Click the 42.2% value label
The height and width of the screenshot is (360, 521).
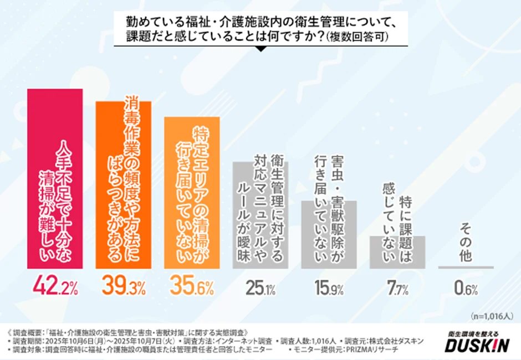coord(55,286)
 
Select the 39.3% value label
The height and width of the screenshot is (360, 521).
coord(123,286)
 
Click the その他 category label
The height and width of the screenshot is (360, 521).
coord(466,243)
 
